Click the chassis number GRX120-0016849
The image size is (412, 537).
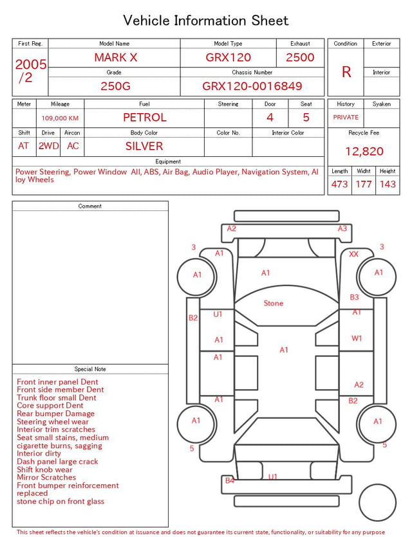tap(252, 86)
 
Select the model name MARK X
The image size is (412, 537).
tap(116, 57)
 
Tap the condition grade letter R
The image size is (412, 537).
tap(346, 72)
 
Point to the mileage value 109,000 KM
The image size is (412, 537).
tap(60, 118)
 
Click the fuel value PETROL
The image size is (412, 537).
tap(145, 118)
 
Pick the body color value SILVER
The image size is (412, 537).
tap(144, 146)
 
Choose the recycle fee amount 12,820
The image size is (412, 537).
tap(364, 151)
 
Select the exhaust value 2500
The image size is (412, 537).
tap(300, 57)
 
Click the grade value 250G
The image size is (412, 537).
tap(115, 86)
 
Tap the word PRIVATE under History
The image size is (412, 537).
tap(346, 117)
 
